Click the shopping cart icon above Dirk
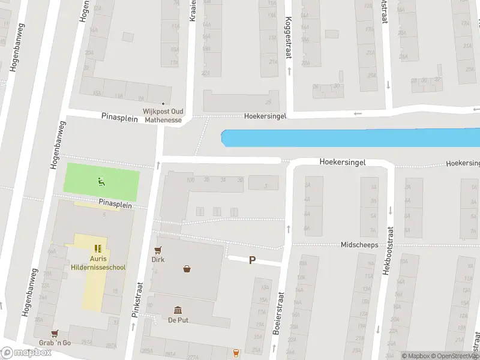[158, 250]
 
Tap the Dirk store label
[158, 260]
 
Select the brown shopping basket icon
[188, 269]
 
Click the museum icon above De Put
[178, 310]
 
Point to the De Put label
[178, 320]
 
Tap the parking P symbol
[253, 260]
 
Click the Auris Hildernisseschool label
[98, 263]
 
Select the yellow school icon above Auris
[98, 248]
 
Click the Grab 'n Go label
[55, 343]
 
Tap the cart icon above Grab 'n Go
[55, 333]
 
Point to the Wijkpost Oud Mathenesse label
[163, 115]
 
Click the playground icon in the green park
[101, 179]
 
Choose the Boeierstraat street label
[278, 314]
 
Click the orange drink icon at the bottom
[236, 352]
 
